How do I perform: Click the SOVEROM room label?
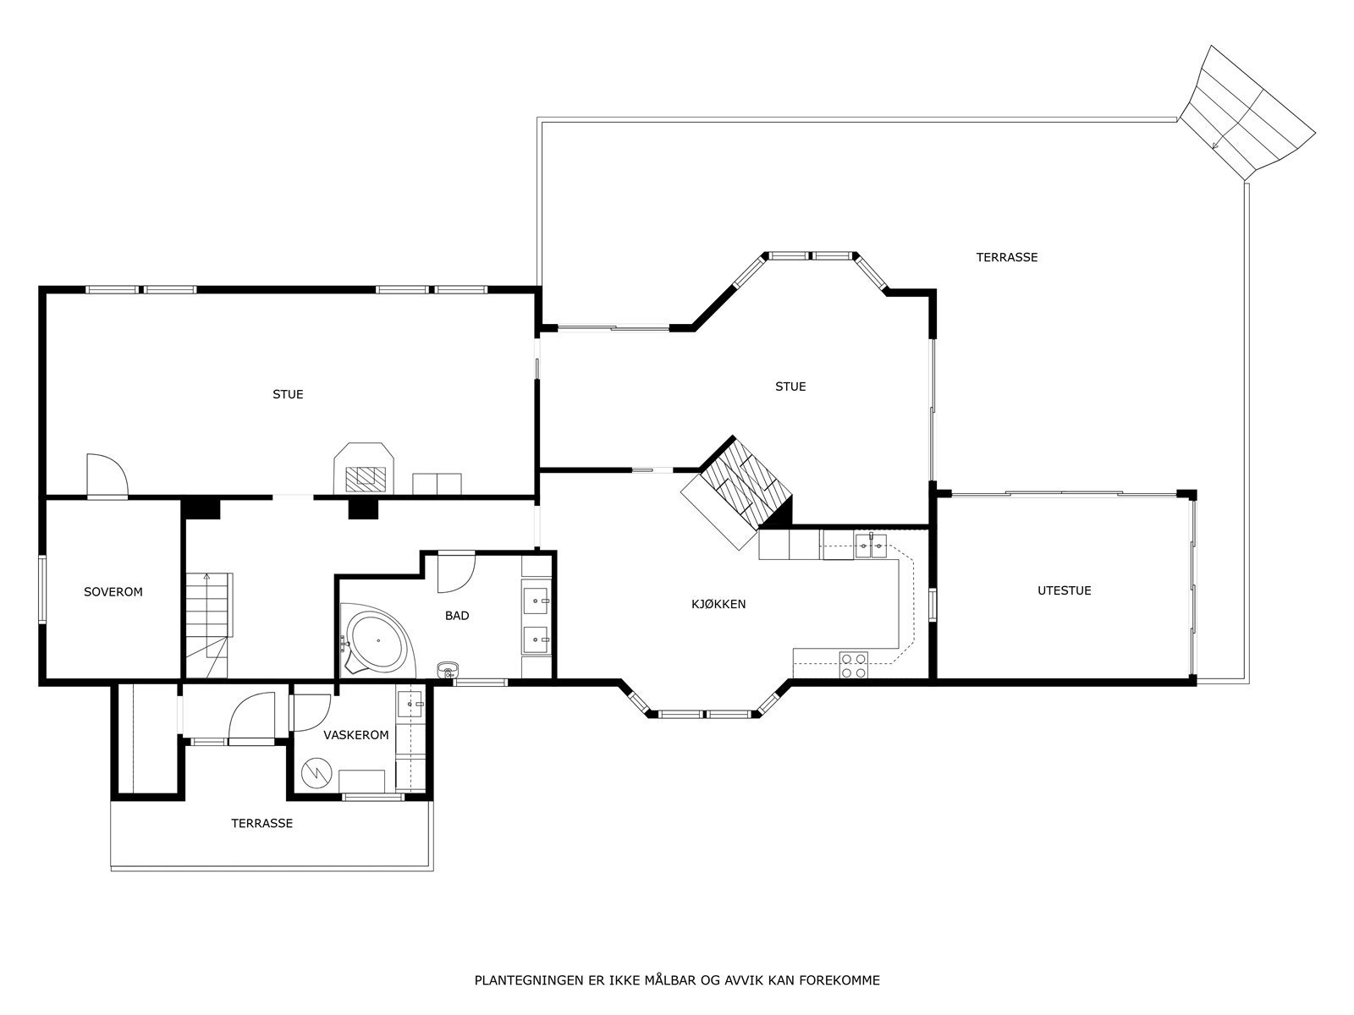click(x=113, y=592)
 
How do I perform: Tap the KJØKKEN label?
click(x=718, y=604)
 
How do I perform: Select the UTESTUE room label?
click(x=1064, y=590)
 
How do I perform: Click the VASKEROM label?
click(x=356, y=735)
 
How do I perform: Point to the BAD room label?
click(x=457, y=616)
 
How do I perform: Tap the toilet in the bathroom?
click(x=448, y=671)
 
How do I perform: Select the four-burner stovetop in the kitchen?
click(x=853, y=666)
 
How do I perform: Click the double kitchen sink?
click(x=869, y=546)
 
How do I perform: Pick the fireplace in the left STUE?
click(x=365, y=470)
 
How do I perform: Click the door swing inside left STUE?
click(x=106, y=476)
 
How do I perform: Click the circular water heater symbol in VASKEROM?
click(x=320, y=773)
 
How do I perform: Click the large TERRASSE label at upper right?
click(x=1006, y=257)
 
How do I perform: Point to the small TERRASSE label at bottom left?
click(x=262, y=823)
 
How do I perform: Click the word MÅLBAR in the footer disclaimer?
click(x=669, y=981)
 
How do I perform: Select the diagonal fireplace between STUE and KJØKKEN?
click(x=737, y=491)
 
